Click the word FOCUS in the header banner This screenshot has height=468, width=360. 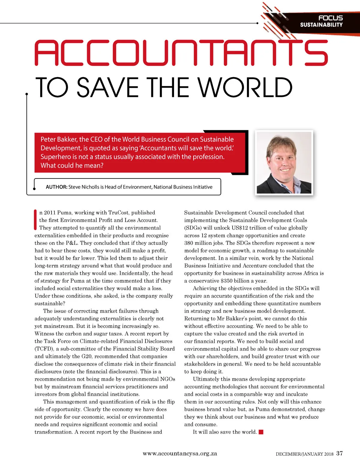click(330, 18)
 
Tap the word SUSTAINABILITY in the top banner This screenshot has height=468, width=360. click(321, 25)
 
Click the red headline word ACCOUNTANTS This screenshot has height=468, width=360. click(181, 53)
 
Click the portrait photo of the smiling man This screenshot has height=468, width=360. click(284, 162)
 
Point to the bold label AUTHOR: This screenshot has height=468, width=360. click(56, 187)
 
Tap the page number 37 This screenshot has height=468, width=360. click(339, 453)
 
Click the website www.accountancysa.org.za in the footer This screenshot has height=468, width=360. click(180, 454)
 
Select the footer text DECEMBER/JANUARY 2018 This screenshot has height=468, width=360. click(304, 454)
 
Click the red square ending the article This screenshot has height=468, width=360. click(261, 432)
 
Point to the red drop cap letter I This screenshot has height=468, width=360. click(35, 220)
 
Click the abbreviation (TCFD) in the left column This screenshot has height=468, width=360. click(44, 349)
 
